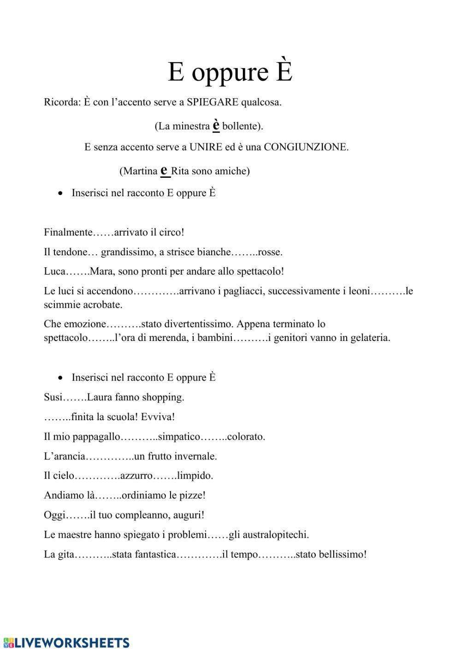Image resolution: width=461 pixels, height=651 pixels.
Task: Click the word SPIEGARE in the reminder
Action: pos(212,102)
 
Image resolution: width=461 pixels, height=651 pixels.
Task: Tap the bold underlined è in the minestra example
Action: pos(216,125)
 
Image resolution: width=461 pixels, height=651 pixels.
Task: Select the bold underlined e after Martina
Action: pos(165,170)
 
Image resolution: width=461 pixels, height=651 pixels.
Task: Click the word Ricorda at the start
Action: pos(61,102)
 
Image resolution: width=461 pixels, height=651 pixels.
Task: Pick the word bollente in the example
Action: pos(242,126)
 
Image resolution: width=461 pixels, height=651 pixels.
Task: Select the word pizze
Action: pos(193,496)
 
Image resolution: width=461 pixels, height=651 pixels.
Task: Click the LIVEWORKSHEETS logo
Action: pos(66,643)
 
